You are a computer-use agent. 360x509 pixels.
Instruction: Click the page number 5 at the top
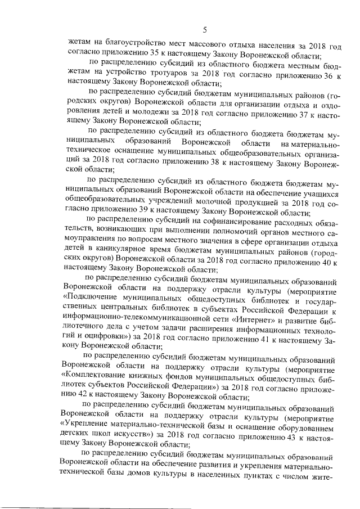205,30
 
